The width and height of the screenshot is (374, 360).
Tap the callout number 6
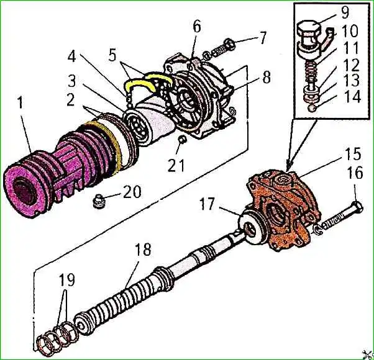[197, 26]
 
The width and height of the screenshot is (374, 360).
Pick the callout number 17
[208, 204]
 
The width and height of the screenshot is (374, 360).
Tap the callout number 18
[144, 251]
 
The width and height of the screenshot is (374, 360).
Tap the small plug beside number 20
[99, 202]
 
